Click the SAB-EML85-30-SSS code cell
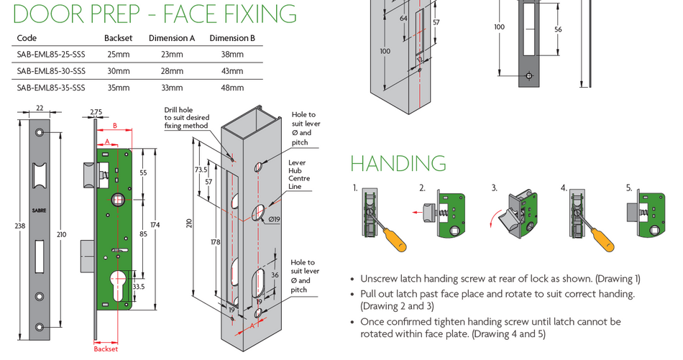[50, 70]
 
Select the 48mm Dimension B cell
[232, 88]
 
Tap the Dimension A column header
[172, 38]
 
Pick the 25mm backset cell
[117, 54]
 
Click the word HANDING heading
[398, 163]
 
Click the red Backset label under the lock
[106, 349]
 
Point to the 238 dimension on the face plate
[8, 226]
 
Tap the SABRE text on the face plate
[38, 211]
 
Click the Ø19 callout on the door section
[275, 218]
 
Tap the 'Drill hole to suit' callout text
[185, 118]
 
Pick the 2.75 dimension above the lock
[96, 111]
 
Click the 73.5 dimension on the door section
[201, 170]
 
